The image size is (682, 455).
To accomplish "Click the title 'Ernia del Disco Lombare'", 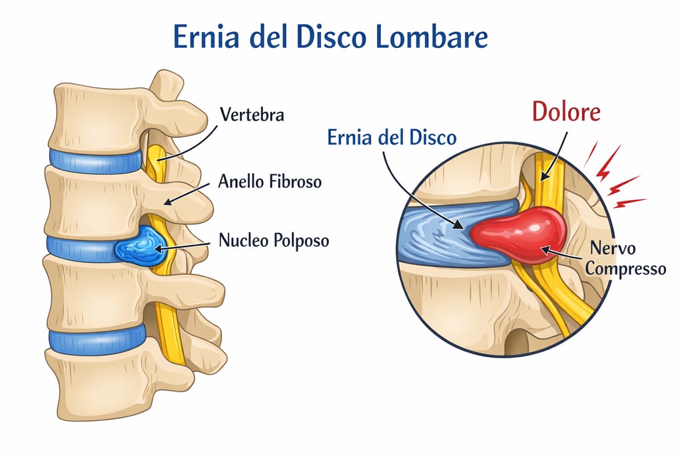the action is (x=330, y=37).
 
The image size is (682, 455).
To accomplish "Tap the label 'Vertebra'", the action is (x=252, y=115).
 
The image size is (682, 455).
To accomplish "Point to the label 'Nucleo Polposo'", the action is (x=274, y=240).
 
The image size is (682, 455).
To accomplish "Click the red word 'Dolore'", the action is (x=566, y=112).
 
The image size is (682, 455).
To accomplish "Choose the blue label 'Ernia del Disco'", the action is (x=392, y=138).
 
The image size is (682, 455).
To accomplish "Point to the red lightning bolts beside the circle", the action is (x=616, y=177).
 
